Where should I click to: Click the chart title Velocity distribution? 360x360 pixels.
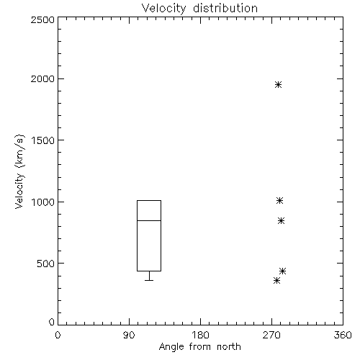coord(199,8)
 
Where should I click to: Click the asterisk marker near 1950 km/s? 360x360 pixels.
coord(278,84)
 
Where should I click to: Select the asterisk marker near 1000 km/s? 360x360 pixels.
coord(279,200)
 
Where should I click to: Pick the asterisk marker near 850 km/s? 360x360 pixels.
coord(282,220)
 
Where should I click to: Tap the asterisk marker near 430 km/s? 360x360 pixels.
coord(283,271)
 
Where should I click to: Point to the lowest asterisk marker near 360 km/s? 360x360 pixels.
coord(276,280)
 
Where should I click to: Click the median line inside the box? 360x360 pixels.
coord(149,220)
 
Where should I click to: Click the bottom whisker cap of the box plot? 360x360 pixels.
coord(149,280)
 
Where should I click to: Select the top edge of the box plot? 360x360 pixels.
coord(149,200)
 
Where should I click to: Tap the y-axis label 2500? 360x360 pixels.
coord(42,19)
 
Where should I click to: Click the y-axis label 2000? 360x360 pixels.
coord(42,78)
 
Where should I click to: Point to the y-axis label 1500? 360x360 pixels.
coord(43,140)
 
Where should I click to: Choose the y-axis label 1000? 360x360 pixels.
coord(43,202)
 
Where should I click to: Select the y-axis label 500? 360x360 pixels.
coord(46,264)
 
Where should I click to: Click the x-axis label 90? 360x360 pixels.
coord(129,335)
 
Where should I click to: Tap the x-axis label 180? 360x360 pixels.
coord(200,335)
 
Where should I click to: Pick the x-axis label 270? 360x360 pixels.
coord(271,335)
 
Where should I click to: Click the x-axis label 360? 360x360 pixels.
coord(343,335)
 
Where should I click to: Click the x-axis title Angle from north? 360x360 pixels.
coord(200,347)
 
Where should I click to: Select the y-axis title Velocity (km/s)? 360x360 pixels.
coord(19,171)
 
